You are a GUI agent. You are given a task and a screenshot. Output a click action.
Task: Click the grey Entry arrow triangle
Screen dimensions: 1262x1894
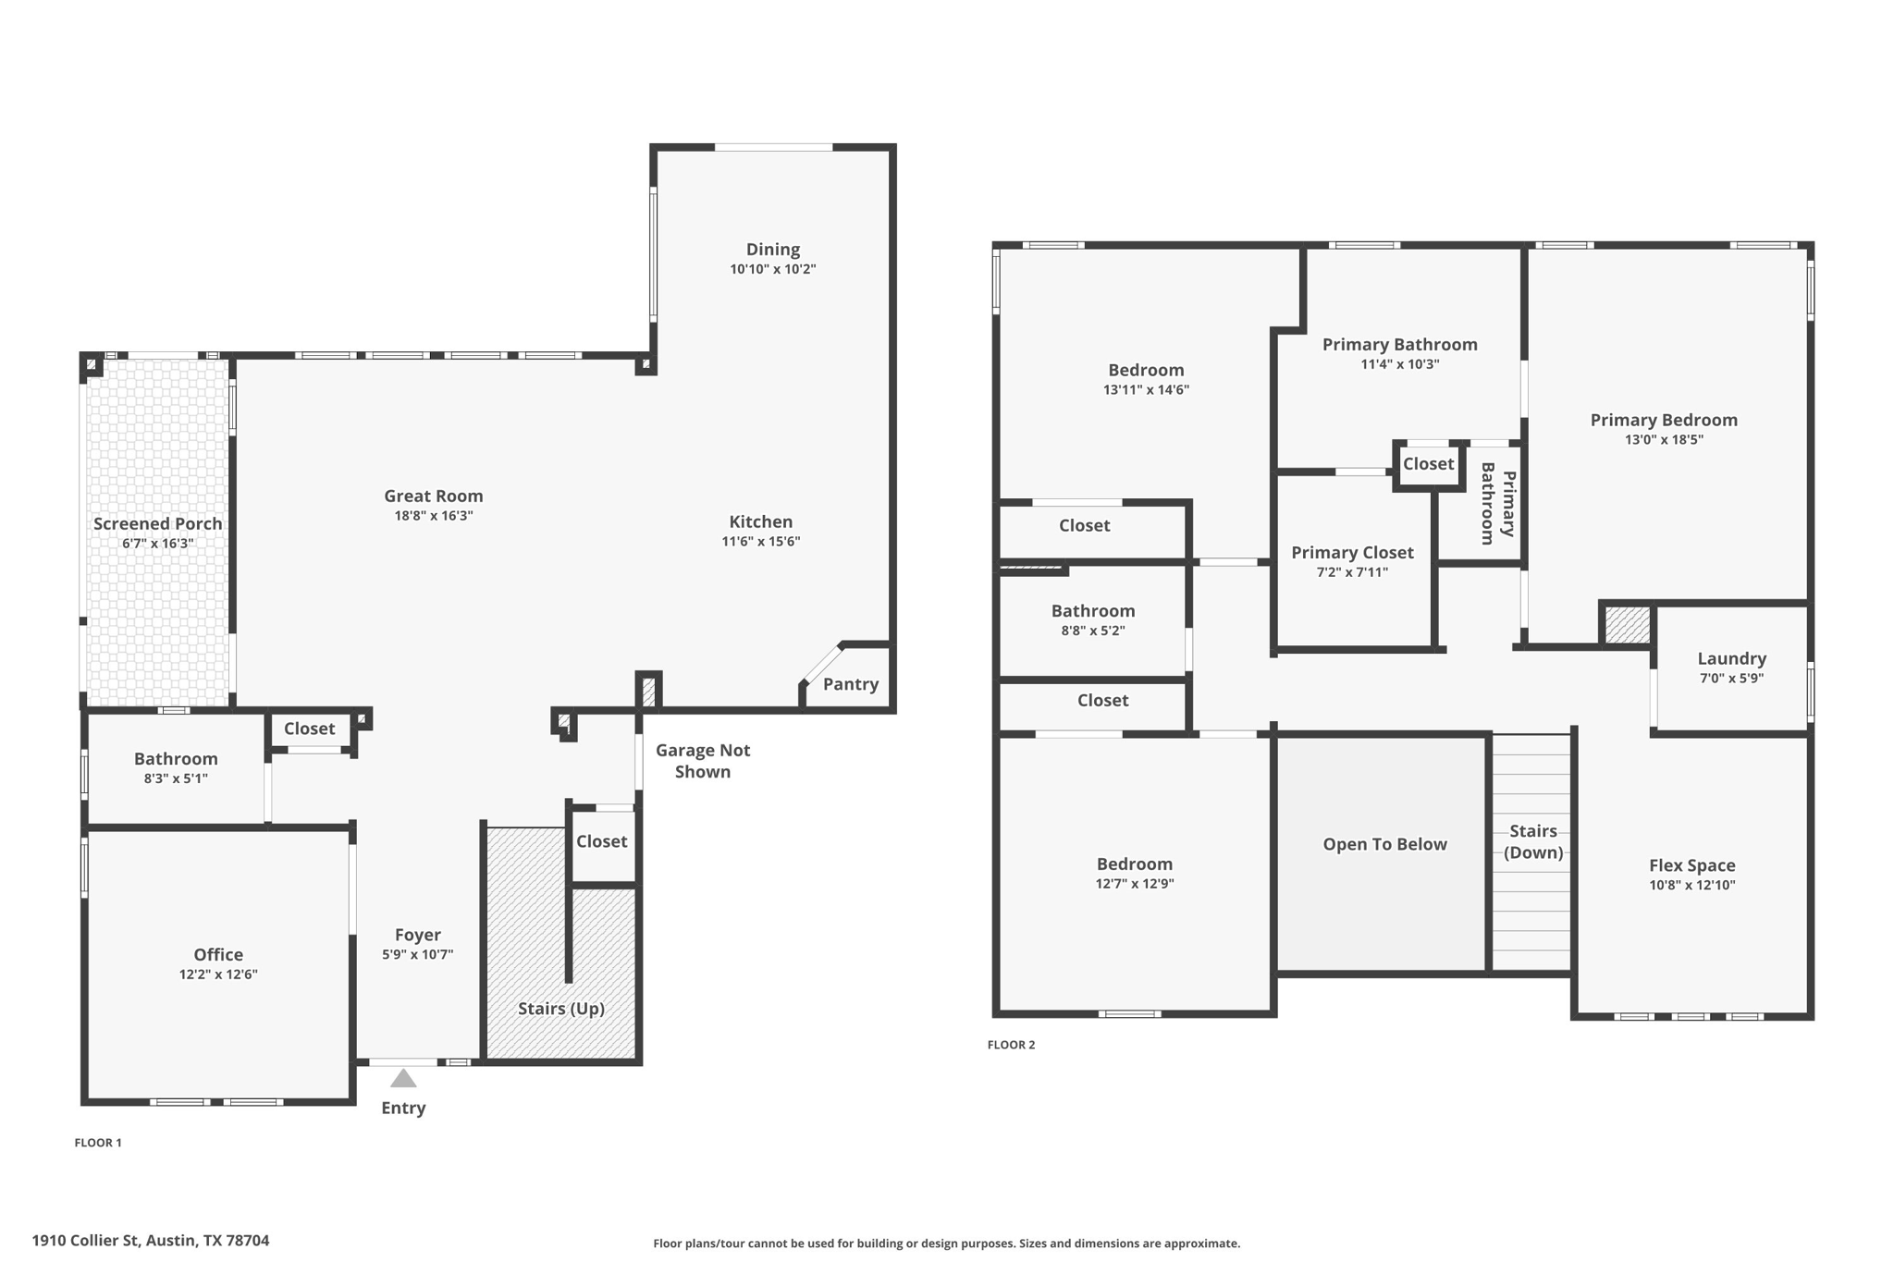pyautogui.click(x=403, y=1078)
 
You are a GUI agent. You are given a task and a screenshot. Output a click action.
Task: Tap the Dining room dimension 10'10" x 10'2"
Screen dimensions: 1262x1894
pyautogui.click(x=772, y=269)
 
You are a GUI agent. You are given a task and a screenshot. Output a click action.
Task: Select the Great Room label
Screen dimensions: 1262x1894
pyautogui.click(x=434, y=496)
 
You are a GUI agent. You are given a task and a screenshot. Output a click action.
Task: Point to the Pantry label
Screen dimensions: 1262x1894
pyautogui.click(x=850, y=684)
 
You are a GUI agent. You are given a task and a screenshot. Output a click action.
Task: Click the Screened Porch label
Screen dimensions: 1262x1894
pyautogui.click(x=157, y=523)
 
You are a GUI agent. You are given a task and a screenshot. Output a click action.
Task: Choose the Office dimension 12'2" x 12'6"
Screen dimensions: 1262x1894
pyautogui.click(x=218, y=974)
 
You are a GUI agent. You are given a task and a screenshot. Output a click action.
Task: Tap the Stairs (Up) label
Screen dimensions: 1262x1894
pyautogui.click(x=560, y=1008)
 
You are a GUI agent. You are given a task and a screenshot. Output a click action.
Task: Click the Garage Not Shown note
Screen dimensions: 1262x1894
pyautogui.click(x=703, y=761)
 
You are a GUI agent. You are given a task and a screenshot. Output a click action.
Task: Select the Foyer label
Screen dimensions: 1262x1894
pyautogui.click(x=417, y=935)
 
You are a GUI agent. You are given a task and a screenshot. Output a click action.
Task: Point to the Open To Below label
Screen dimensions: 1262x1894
pyautogui.click(x=1384, y=844)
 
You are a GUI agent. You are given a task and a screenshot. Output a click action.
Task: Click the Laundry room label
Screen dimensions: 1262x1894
pyautogui.click(x=1731, y=658)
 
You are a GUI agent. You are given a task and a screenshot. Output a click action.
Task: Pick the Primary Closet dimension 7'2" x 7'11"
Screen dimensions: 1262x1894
pyautogui.click(x=1352, y=572)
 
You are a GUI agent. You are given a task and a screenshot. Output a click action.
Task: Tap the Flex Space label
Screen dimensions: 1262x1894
pyautogui.click(x=1691, y=865)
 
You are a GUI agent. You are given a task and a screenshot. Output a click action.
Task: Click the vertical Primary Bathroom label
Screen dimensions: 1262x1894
pyautogui.click(x=1497, y=504)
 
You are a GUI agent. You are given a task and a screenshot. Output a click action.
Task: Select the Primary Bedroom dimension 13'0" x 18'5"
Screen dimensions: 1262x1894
pyautogui.click(x=1664, y=440)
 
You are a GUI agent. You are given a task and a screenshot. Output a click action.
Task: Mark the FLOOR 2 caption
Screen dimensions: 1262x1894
pyautogui.click(x=1011, y=1045)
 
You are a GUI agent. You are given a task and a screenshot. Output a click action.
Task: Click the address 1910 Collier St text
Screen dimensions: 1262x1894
pyautogui.click(x=151, y=1241)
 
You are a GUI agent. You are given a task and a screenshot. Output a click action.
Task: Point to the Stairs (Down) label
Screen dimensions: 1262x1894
pyautogui.click(x=1532, y=841)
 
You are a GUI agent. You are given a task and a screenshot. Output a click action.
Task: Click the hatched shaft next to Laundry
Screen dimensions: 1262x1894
pyautogui.click(x=1627, y=625)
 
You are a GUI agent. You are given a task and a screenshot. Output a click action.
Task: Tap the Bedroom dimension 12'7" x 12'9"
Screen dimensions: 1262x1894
pyautogui.click(x=1134, y=884)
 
